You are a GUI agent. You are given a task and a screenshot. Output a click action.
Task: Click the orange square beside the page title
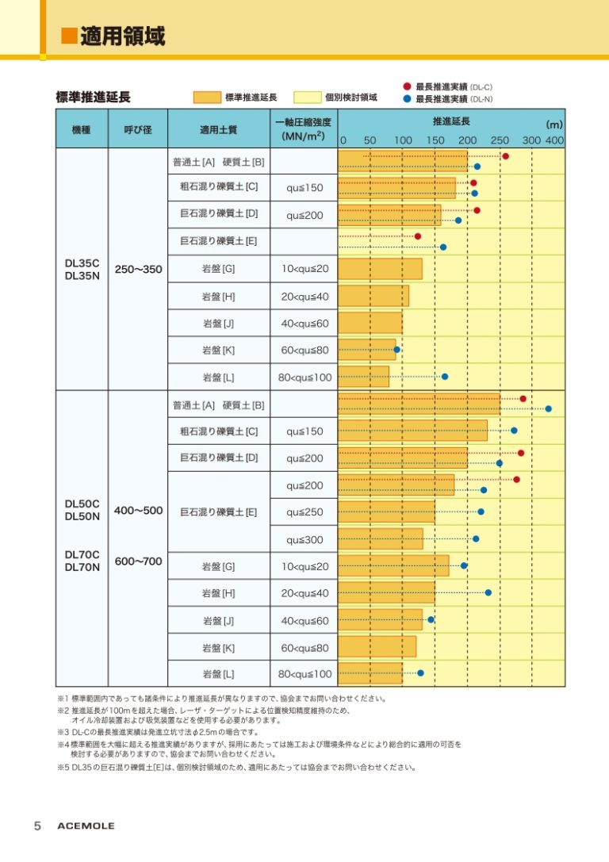click(69, 36)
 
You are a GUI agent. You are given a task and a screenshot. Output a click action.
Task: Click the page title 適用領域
click(123, 36)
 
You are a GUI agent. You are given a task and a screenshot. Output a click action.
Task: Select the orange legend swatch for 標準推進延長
click(207, 98)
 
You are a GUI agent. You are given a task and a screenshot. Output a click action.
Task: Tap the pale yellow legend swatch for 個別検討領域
click(307, 98)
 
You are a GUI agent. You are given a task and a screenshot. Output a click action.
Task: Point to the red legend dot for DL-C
click(407, 86)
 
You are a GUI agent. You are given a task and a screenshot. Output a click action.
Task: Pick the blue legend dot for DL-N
click(407, 99)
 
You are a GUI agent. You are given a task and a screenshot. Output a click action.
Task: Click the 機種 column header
click(82, 130)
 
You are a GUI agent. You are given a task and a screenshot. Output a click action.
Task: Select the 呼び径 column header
click(138, 130)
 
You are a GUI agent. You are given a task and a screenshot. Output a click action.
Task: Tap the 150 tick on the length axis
click(435, 140)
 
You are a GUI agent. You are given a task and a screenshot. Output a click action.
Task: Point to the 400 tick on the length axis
click(554, 140)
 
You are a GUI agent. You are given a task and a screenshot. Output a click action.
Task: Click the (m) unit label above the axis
click(554, 125)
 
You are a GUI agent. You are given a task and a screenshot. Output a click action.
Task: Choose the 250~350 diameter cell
click(138, 270)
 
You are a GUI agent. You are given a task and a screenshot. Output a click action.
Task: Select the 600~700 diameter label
click(138, 561)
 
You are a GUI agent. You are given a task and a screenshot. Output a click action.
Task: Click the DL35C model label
click(82, 263)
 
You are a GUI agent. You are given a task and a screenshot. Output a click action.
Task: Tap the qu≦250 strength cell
click(304, 511)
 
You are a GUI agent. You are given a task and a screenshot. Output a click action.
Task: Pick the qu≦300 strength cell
click(304, 540)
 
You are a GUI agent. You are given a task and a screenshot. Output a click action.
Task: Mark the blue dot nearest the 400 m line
click(548, 408)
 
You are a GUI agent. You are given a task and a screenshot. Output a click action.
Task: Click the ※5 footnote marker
click(63, 768)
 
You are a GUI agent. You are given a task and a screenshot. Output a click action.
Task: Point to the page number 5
click(37, 826)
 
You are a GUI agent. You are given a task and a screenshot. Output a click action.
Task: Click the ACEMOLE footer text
click(86, 826)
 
